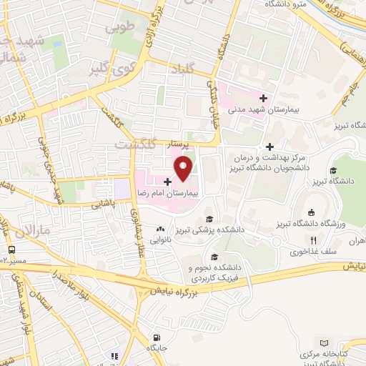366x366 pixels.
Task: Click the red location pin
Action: (x=184, y=169)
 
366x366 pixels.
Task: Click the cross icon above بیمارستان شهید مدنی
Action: (x=264, y=98)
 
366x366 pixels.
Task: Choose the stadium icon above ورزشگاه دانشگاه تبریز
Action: (x=311, y=212)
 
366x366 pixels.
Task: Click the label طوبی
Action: (x=115, y=30)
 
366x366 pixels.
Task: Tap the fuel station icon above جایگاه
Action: (x=113, y=355)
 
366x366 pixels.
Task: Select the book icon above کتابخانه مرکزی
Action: (x=327, y=344)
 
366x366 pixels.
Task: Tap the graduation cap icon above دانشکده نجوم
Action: (x=213, y=257)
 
